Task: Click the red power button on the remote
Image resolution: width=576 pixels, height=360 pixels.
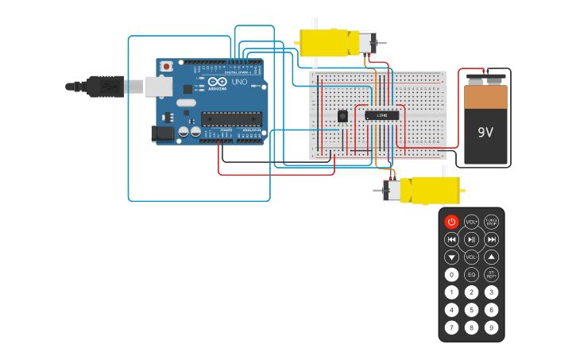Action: [451, 222]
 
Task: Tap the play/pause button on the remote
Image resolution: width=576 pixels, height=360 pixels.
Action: [471, 239]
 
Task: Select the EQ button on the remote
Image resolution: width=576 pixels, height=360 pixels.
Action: [471, 275]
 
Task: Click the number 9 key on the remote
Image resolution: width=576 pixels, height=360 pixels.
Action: [492, 327]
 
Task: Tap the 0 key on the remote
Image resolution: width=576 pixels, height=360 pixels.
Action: [451, 275]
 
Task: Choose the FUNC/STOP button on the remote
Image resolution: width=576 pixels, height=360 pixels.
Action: [492, 222]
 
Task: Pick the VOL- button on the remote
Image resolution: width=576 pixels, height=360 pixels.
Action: [471, 257]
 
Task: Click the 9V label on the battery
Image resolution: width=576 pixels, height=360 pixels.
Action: [485, 132]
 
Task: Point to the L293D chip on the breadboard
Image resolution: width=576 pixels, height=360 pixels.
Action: [381, 115]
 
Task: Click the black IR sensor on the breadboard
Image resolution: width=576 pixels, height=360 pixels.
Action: [343, 116]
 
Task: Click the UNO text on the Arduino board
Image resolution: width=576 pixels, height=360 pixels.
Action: [239, 82]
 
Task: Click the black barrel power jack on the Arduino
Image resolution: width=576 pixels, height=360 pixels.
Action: [163, 134]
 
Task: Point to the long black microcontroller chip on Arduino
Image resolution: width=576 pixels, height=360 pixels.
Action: [230, 119]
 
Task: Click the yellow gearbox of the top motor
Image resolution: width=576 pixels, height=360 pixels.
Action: [326, 43]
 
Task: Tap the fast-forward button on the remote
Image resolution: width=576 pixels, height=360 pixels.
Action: [492, 239]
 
